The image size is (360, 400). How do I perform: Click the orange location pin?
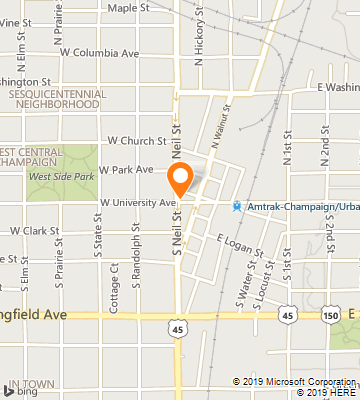coord(181,180)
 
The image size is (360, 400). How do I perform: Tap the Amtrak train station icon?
coord(237,207)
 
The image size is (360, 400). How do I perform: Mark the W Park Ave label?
coord(131,170)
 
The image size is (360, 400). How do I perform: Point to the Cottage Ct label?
coord(116,287)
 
